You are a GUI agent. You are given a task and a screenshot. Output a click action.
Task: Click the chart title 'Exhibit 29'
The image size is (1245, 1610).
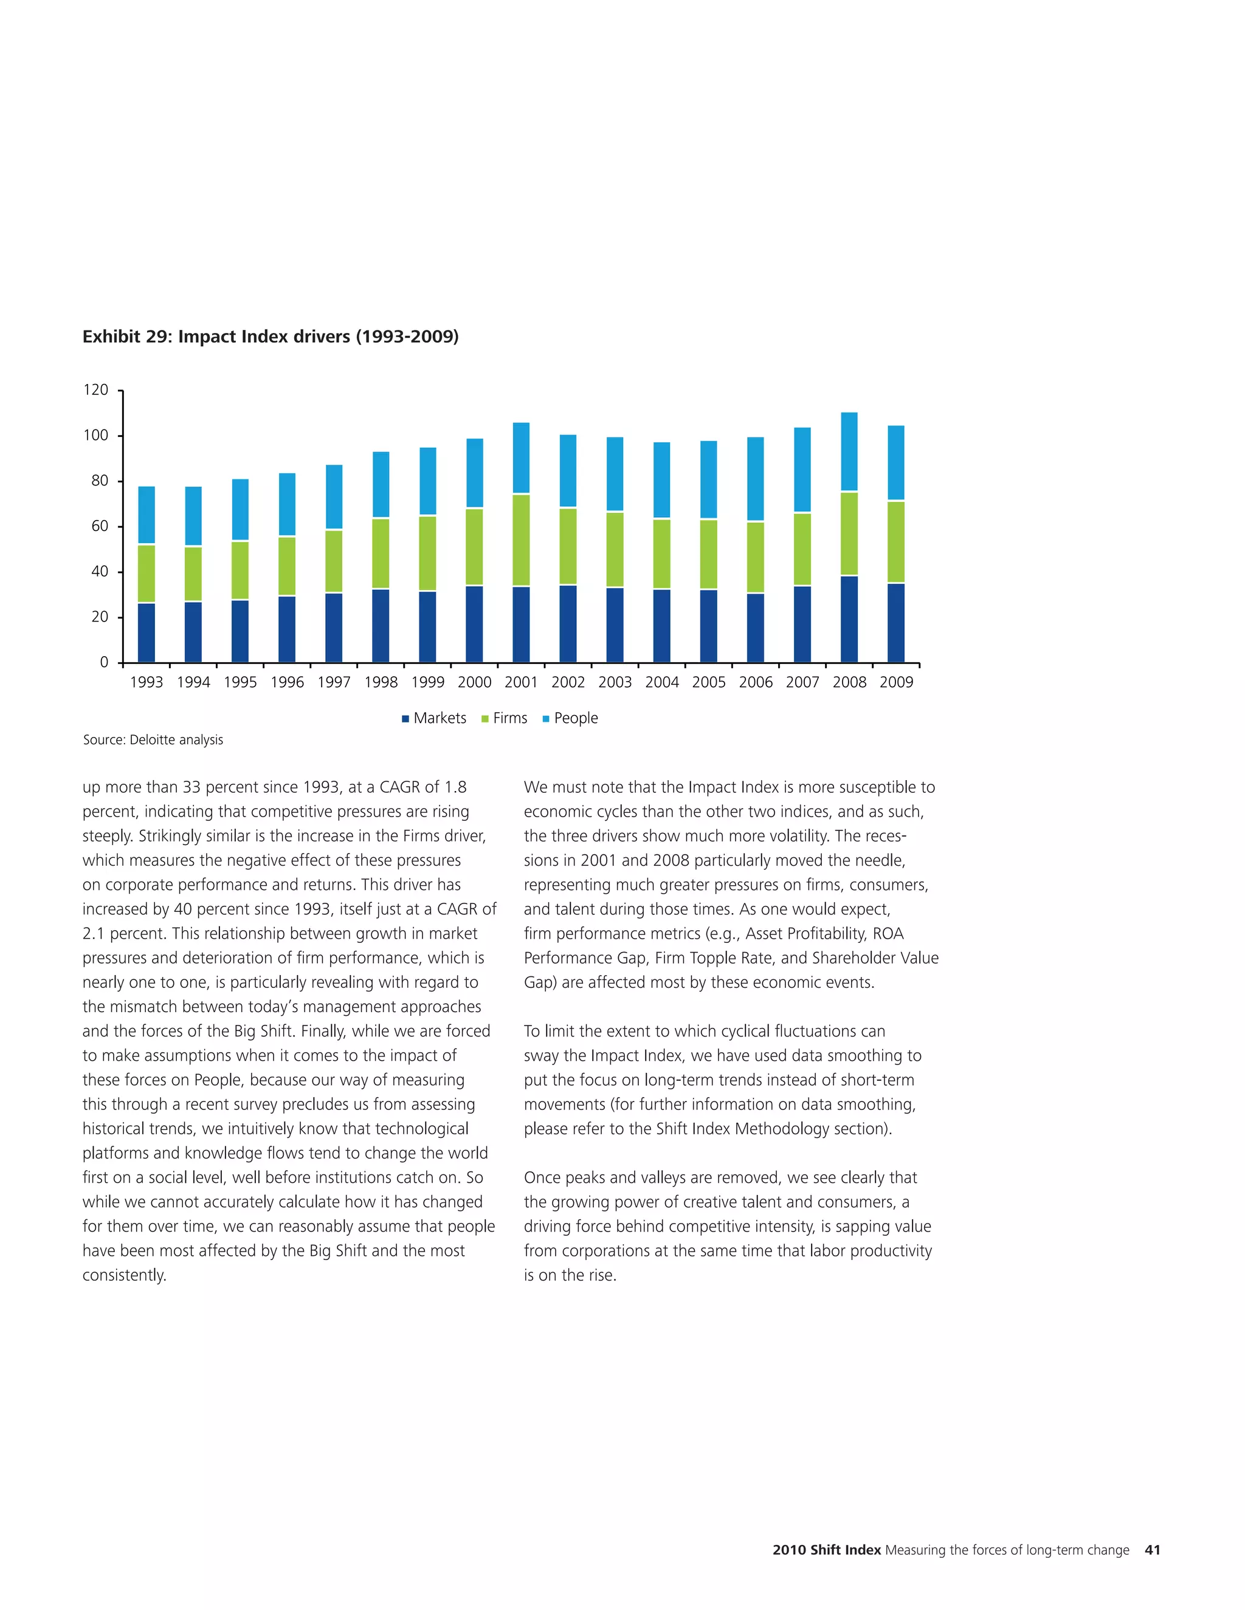pyautogui.click(x=270, y=337)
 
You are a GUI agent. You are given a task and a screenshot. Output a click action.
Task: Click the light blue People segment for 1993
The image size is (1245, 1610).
pyautogui.click(x=146, y=515)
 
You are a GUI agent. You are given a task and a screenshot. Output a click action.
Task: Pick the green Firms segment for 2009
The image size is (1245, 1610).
pyautogui.click(x=895, y=542)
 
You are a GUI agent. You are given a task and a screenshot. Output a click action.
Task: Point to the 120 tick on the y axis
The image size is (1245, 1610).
pyautogui.click(x=96, y=390)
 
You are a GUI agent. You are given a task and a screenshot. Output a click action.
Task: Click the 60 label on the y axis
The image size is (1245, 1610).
pyautogui.click(x=100, y=526)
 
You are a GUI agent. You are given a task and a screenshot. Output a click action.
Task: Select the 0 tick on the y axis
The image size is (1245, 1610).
pyautogui.click(x=104, y=663)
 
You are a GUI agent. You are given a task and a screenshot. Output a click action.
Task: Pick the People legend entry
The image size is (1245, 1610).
pyautogui.click(x=570, y=718)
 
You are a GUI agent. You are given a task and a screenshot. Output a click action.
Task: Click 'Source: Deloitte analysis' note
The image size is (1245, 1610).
pyautogui.click(x=153, y=739)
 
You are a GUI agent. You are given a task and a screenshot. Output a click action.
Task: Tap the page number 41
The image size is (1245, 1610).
pyautogui.click(x=1152, y=1550)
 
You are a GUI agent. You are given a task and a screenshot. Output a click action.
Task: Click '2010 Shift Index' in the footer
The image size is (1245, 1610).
pyautogui.click(x=826, y=1550)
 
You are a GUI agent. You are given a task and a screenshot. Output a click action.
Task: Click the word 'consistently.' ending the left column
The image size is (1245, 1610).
pyautogui.click(x=124, y=1275)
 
